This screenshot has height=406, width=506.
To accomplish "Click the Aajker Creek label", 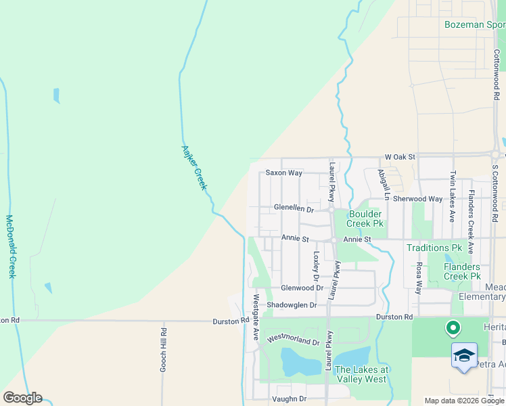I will click(194, 167).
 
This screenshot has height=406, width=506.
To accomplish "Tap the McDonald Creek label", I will click(10, 247).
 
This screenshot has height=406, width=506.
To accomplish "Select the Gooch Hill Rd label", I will click(163, 350).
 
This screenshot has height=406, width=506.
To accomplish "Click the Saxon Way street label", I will click(283, 173).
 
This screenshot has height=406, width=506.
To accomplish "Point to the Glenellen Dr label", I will click(294, 209).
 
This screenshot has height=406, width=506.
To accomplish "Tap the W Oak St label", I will click(398, 157).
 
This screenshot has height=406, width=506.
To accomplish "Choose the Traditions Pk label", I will click(433, 248).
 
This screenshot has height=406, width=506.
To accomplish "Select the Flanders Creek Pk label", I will click(462, 271).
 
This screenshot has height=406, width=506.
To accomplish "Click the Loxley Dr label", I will click(316, 267).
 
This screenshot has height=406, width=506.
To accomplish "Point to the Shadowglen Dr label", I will click(292, 305).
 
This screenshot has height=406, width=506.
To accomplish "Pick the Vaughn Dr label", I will click(288, 399).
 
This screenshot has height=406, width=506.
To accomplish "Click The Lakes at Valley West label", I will click(362, 374).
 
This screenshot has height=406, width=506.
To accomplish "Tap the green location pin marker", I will click(453, 329).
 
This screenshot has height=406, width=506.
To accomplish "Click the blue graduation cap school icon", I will click(464, 356).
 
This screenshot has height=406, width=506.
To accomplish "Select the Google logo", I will click(22, 398).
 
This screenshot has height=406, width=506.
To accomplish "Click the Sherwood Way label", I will click(417, 200).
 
